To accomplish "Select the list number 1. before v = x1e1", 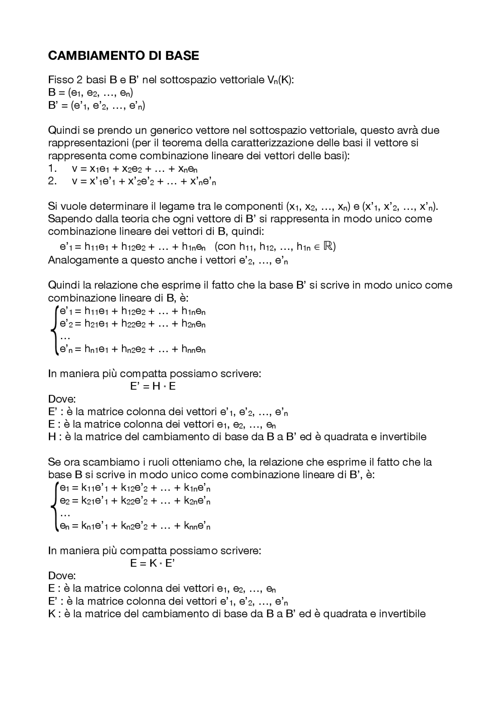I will coord(52,169).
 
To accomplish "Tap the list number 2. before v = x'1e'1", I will coord(52,181).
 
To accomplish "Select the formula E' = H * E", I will coord(153,386).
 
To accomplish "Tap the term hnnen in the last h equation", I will coord(193,349).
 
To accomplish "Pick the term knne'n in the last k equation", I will coord(197,526).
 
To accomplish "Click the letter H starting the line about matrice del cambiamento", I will coord(52,437).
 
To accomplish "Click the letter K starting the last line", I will coord(52,613).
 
